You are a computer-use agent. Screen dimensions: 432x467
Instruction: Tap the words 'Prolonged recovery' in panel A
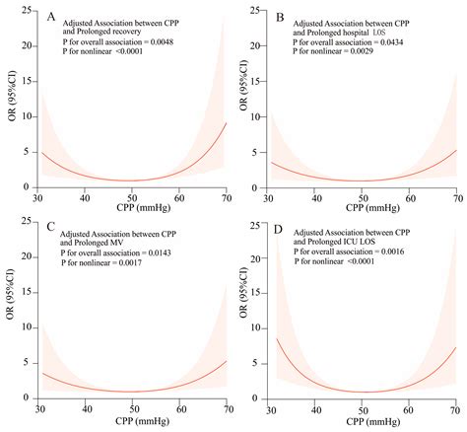pyautogui.click(x=102, y=32)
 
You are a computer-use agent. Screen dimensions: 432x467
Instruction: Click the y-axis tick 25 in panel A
pyautogui.click(x=22, y=10)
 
